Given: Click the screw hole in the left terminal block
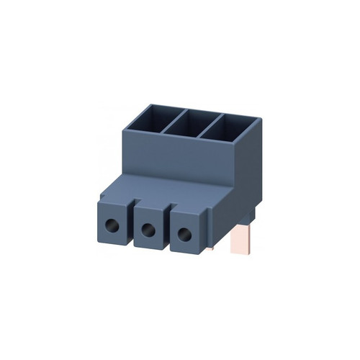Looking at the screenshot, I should [114, 225].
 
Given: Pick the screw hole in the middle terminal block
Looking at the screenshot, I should [148, 230].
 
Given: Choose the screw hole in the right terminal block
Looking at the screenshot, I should [184, 233].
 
